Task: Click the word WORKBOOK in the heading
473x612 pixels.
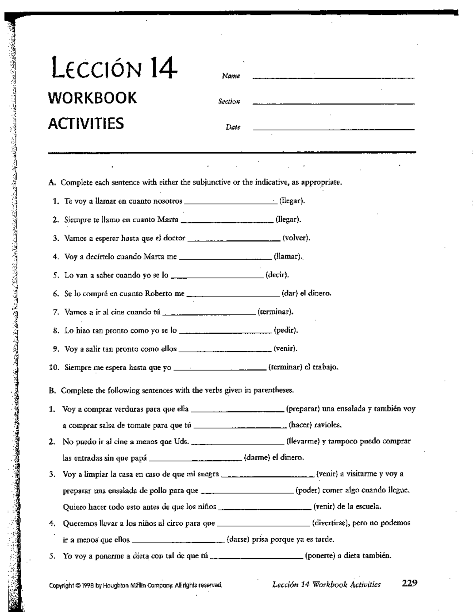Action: [93, 98]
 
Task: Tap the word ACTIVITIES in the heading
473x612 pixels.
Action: [86, 123]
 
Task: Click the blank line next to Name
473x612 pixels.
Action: [333, 77]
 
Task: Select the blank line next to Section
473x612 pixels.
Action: [333, 103]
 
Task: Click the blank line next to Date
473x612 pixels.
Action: [333, 129]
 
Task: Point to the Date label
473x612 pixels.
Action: [233, 127]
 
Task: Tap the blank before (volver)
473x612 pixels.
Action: [234, 239]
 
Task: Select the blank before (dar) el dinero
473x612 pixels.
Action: [233, 295]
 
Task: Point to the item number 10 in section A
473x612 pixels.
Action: [54, 367]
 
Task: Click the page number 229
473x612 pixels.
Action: [410, 583]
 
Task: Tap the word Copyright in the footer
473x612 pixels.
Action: [61, 585]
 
